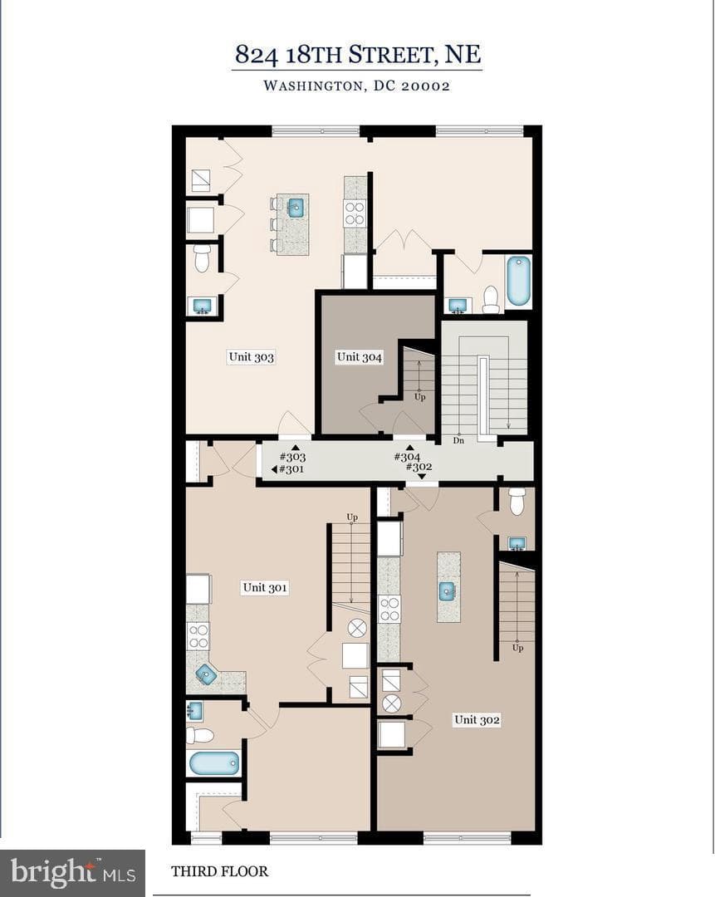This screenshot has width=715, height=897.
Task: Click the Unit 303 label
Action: (251, 357)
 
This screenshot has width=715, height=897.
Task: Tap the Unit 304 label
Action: (360, 357)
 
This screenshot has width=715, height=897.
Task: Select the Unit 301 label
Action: (265, 587)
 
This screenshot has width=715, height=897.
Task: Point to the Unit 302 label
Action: (477, 719)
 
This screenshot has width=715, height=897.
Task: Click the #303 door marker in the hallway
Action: (292, 457)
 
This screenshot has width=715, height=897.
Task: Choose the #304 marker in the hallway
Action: (407, 457)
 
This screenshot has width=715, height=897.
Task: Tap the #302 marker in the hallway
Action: (419, 467)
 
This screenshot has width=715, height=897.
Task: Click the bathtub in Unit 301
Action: (214, 763)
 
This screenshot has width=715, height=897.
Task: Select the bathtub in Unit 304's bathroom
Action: (519, 281)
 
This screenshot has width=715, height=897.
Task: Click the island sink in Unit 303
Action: (296, 207)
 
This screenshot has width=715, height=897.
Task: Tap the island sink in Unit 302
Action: (448, 591)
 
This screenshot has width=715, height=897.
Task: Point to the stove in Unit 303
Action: (355, 213)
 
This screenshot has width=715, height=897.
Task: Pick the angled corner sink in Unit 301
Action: (206, 675)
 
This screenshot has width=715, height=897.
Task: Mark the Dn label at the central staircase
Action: (458, 440)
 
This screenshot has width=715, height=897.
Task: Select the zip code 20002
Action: (425, 86)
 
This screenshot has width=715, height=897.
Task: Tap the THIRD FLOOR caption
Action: (219, 871)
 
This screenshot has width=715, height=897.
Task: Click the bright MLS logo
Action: (72, 872)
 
